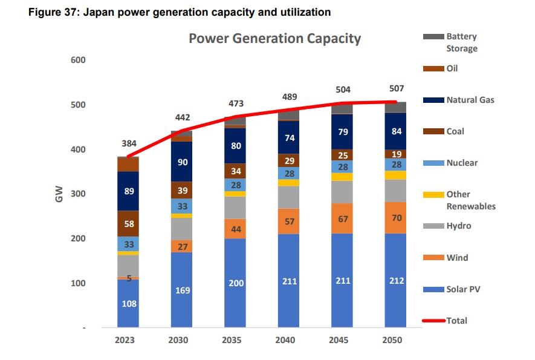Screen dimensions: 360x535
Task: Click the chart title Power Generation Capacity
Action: pos(274,39)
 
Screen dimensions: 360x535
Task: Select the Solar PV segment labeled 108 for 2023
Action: pos(128,303)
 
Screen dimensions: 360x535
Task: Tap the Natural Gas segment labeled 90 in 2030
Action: pos(181,162)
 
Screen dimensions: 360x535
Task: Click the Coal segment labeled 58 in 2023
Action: pos(128,224)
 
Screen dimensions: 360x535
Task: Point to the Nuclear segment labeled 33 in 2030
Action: pos(181,206)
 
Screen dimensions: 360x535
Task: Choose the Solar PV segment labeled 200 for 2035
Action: pos(235,283)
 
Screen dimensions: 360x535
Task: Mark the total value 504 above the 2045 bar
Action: pos(343,90)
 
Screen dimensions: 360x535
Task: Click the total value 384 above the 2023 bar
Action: pos(128,143)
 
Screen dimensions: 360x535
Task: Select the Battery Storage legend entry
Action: pos(461,42)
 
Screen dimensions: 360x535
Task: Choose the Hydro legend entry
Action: pos(458,226)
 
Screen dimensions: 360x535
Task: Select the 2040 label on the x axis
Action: pos(285,340)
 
